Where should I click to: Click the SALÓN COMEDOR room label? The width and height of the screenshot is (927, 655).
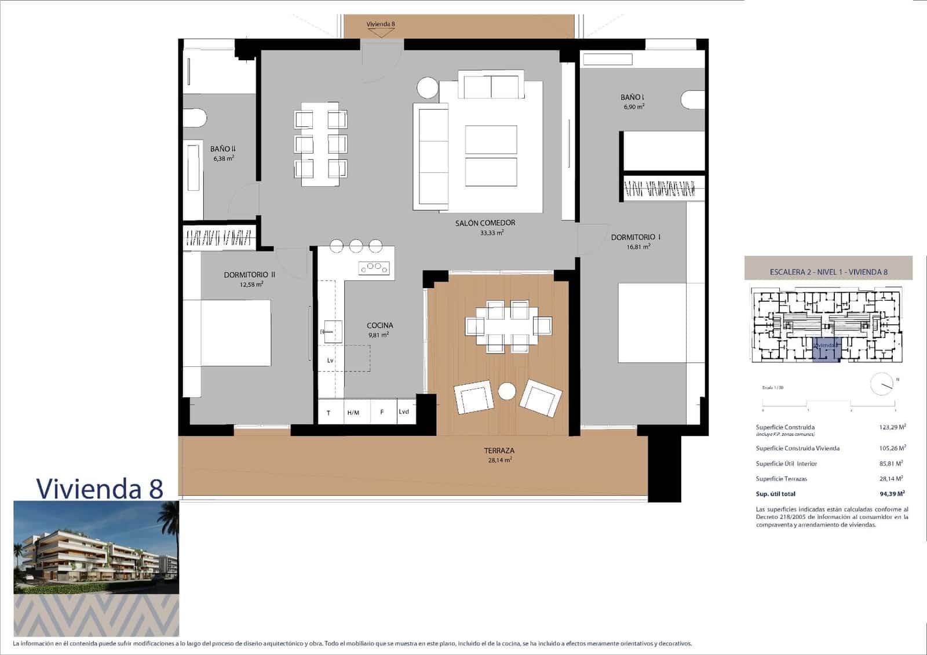485,223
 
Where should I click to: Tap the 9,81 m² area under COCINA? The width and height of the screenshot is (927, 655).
378,335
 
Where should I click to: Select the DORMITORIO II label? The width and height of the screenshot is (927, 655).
249,275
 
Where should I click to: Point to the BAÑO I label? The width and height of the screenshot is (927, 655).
632,97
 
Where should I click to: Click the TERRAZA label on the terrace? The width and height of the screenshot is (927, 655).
499,450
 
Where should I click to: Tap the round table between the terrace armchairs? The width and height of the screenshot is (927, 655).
508,392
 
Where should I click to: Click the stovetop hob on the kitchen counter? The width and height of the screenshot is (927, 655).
374,267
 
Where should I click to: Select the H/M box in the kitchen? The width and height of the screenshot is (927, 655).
353,413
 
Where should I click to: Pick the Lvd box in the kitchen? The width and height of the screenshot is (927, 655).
404,412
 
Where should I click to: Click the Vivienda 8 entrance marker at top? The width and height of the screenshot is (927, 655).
381,27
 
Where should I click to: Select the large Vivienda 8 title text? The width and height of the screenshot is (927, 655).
100,489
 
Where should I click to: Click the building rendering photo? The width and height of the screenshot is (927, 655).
96,547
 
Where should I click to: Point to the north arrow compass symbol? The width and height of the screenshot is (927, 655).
882,384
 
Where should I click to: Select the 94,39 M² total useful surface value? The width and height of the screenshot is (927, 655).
892,494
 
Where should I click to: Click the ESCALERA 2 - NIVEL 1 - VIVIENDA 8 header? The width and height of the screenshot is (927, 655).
829,272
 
